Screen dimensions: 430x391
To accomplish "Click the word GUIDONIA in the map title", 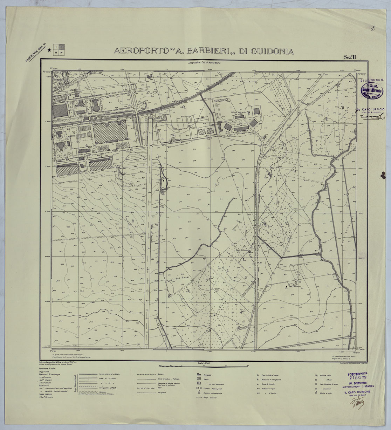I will click(x=266, y=51).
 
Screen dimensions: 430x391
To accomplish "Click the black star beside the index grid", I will click(x=49, y=51).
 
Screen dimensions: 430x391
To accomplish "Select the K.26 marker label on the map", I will click(x=260, y=262).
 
